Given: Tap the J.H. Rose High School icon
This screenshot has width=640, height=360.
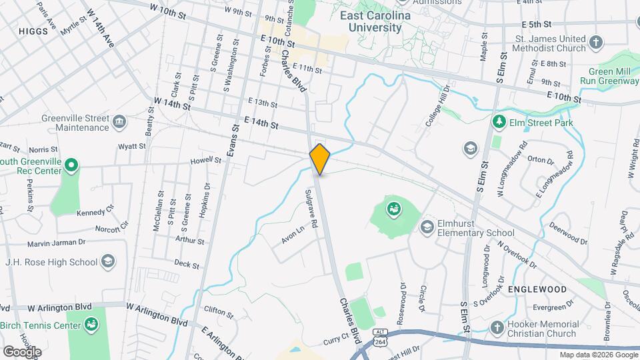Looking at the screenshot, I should pyautogui.click(x=108, y=261).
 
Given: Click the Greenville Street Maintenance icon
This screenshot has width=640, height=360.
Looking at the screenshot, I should pyautogui.click(x=119, y=122).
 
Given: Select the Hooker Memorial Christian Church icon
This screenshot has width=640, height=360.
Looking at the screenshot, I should pyautogui.click(x=496, y=327).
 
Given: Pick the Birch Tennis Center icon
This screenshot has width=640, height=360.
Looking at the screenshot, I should pyautogui.click(x=91, y=325).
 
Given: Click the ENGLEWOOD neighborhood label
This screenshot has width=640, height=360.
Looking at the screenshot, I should pyautogui.click(x=537, y=289).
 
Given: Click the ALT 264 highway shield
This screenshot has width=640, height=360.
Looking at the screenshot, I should pyautogui.click(x=380, y=336).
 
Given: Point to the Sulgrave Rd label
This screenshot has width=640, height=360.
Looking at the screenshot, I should pyautogui.click(x=311, y=209).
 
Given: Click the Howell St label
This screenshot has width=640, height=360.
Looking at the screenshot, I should pyautogui.click(x=205, y=160).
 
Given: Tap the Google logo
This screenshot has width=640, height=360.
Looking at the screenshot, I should pyautogui.click(x=21, y=351).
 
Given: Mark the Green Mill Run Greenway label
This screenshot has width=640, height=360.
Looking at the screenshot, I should pyautogui.click(x=609, y=75).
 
